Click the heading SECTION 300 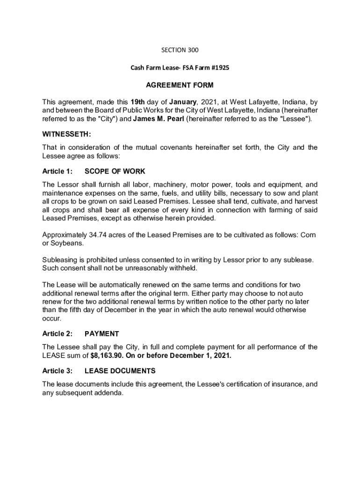click(x=180, y=50)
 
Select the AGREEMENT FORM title click(x=180, y=85)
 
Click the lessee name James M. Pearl click(x=158, y=119)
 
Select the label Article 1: click(x=58, y=171)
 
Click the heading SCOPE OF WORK click(x=111, y=171)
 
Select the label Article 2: click(x=58, y=334)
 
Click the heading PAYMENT click(x=101, y=334)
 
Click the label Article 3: click(x=58, y=371)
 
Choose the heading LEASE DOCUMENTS click(x=120, y=371)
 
